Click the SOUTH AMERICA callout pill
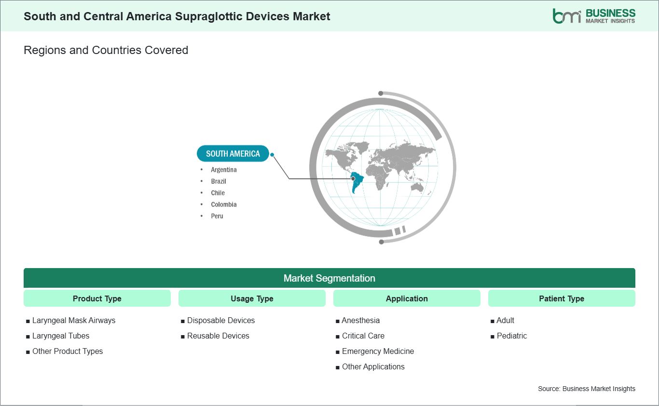[233, 153]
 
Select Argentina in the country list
[223, 170]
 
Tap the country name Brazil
[218, 181]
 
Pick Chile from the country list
[218, 193]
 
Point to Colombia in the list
[223, 204]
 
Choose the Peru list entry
[217, 216]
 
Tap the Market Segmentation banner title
[329, 278]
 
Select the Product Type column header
[97, 298]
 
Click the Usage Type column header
[252, 298]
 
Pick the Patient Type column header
[562, 298]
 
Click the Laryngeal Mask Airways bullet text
[74, 320]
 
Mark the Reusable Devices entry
[218, 336]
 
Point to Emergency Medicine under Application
[378, 352]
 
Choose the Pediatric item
[511, 336]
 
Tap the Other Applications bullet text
[373, 366]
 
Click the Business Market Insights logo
[594, 16]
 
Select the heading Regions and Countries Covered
[106, 50]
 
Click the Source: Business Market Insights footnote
[587, 389]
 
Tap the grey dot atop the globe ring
[381, 94]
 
